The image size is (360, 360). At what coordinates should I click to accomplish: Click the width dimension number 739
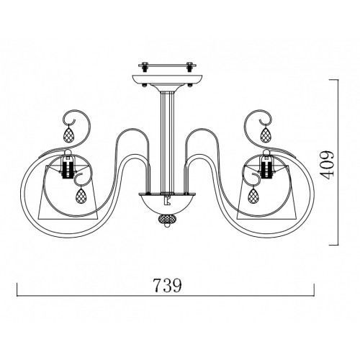pos(167,285)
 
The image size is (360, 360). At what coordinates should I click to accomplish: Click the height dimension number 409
pos(327,165)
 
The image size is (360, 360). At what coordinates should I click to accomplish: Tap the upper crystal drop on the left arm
pos(68,134)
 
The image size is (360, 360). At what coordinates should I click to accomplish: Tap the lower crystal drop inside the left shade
pos(81,195)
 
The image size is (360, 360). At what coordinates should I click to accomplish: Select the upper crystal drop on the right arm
pos(266,134)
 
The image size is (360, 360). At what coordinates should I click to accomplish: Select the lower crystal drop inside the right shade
pos(252,195)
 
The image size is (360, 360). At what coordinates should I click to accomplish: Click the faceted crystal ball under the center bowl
pos(167,220)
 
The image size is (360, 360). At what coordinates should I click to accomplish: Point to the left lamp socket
pos(68,167)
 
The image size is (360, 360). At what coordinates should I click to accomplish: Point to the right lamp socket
pos(266,167)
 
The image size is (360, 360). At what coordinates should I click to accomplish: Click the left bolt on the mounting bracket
pos(145,66)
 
